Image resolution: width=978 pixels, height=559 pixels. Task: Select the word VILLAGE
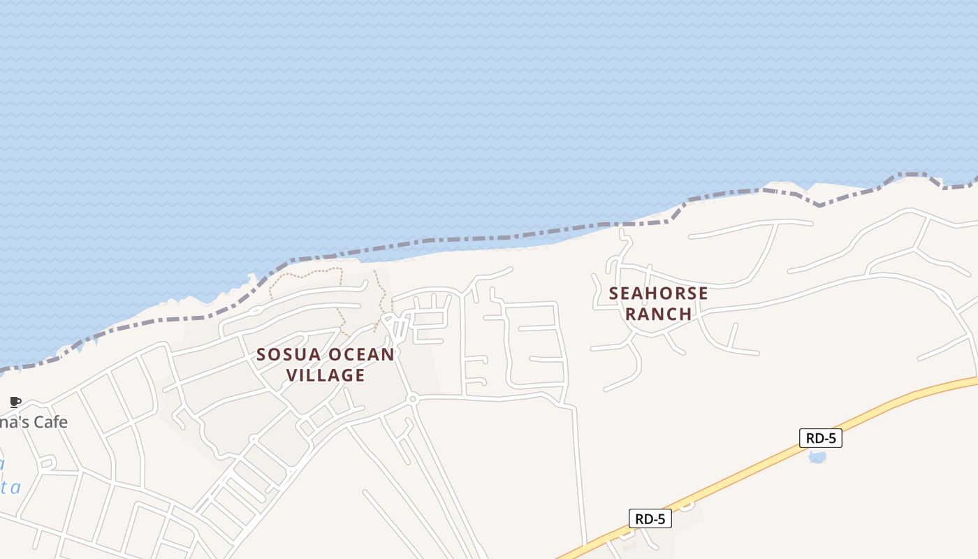[326, 375]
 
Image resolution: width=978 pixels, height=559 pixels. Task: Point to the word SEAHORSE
[658, 293]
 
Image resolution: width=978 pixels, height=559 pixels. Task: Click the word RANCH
[658, 314]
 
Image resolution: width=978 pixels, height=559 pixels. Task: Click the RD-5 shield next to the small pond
[820, 438]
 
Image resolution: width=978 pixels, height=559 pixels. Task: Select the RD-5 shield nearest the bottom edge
[650, 518]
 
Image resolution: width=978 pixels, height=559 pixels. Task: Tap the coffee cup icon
[15, 402]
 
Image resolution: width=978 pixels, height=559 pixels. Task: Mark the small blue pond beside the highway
[817, 457]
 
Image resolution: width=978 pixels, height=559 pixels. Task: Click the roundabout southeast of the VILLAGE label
[412, 399]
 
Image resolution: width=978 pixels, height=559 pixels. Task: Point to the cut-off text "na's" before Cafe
[10, 422]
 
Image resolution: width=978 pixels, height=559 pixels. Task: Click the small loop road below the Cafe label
[48, 463]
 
